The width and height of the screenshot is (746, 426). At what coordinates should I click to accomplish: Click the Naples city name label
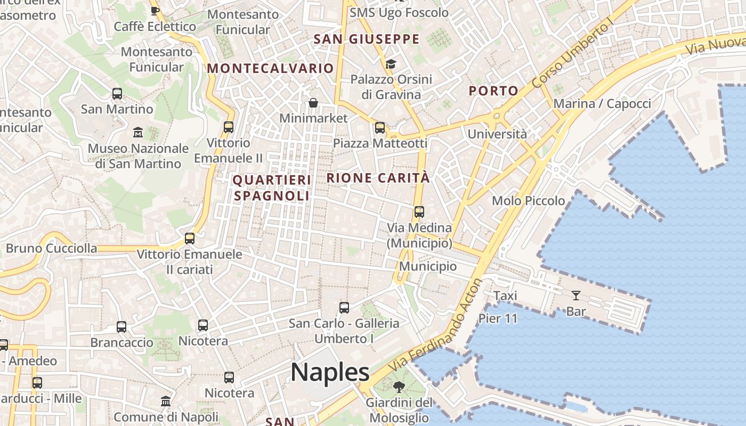coord(330,372)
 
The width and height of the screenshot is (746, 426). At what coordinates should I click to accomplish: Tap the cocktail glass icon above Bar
coord(575,296)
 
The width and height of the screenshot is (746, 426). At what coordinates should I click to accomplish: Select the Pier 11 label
coord(498,318)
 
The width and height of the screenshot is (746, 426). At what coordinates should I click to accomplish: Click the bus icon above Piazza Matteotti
coord(379,128)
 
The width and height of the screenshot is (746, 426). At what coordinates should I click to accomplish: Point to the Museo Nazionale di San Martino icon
coord(138,132)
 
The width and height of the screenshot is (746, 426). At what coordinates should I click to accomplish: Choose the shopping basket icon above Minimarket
coord(313,103)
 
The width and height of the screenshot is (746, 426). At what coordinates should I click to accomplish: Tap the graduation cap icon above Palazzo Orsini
coord(391,64)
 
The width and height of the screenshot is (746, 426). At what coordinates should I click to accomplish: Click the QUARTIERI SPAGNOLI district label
coord(272,188)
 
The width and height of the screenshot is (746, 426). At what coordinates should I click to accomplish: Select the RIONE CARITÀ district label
coord(378,178)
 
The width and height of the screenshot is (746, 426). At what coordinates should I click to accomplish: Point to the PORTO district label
coord(493,91)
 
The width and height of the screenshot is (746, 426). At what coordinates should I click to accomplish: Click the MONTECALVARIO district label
coord(270,68)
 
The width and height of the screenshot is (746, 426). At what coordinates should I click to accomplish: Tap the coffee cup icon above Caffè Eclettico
coord(155,11)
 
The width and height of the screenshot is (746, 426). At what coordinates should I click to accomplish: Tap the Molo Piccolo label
coord(528,201)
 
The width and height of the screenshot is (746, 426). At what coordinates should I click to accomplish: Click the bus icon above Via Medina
coord(419,212)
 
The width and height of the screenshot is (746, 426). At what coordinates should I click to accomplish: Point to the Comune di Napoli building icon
coord(166,401)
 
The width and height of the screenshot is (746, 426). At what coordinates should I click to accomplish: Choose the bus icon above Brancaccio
coord(121,327)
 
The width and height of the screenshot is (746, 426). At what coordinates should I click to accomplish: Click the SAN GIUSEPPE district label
coord(367,39)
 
